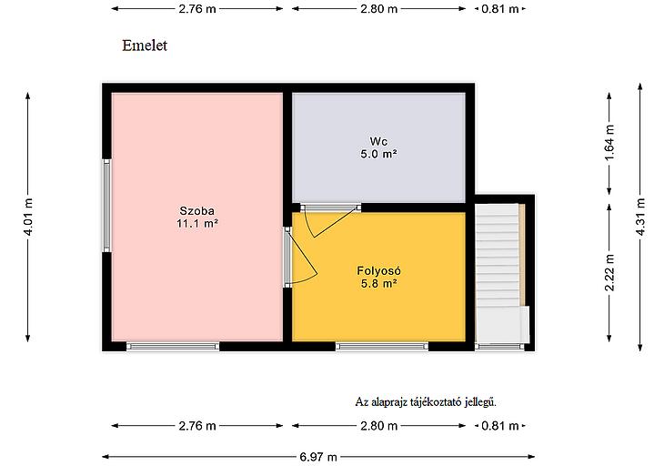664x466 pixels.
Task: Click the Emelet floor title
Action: point(145,46)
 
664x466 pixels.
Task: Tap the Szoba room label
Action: point(196,210)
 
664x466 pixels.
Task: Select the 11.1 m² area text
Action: point(196,223)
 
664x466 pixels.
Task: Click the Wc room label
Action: point(378,141)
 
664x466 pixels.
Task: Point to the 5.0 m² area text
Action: point(378,154)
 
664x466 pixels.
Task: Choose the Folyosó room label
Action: point(378,270)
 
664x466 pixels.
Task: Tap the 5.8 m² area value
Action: point(378,283)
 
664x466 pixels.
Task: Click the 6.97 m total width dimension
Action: point(318,457)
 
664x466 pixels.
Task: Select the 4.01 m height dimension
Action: point(28,217)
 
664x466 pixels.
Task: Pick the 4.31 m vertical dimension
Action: point(640,217)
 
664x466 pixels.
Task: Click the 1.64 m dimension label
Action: point(609,143)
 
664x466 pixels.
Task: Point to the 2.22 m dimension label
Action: point(609,272)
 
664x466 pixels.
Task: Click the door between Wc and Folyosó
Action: point(331,220)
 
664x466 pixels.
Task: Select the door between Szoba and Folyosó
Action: point(300,257)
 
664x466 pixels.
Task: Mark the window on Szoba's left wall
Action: point(106,206)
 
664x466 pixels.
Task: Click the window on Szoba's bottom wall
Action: point(173,347)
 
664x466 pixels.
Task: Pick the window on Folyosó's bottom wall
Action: point(382,347)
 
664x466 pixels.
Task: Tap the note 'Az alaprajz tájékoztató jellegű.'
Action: point(426,401)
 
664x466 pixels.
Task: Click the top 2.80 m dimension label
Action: point(379,8)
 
